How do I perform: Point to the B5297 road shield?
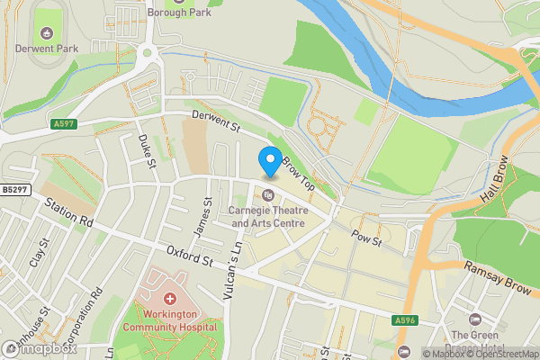14,189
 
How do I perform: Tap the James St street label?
206,216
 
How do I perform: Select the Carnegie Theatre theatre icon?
268,195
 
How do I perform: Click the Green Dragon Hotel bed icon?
474,319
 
